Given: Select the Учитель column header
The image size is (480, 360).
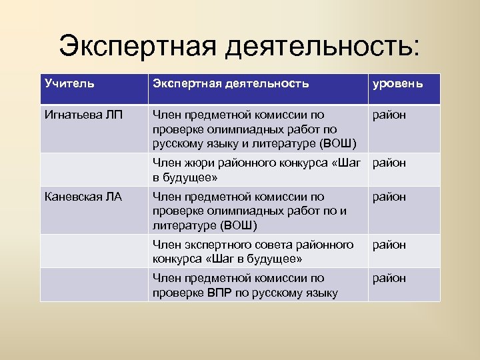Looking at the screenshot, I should click(69, 83).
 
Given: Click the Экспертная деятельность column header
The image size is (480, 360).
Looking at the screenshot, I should click(231, 83).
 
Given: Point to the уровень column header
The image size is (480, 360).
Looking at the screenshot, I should click(397, 84).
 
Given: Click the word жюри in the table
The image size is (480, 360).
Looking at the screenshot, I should click(198, 163).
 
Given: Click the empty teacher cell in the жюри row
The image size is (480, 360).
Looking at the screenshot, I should click(93, 169).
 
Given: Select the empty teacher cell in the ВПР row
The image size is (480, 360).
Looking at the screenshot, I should click(93, 285).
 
